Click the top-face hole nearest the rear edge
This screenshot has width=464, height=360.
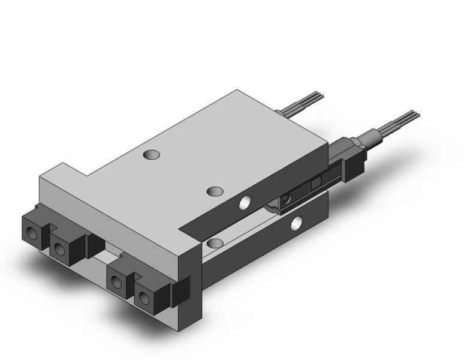[x=152, y=155]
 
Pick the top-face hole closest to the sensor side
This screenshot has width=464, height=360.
[x=215, y=191]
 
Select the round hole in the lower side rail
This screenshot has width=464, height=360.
[x=296, y=224]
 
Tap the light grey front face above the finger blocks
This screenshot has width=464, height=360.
[x=108, y=210]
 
